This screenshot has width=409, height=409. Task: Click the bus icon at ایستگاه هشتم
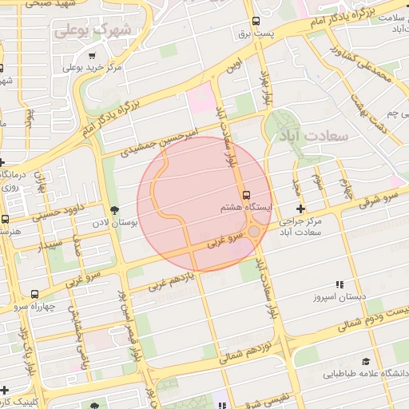246,194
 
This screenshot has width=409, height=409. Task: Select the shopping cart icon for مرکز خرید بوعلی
93,56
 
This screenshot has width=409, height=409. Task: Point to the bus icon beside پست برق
256,22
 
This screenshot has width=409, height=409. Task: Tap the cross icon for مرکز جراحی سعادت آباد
300,208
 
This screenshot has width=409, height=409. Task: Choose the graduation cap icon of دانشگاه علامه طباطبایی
366,362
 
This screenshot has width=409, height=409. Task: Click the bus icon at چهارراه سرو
34,294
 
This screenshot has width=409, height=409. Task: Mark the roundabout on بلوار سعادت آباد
254,232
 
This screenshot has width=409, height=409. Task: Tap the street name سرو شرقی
379,198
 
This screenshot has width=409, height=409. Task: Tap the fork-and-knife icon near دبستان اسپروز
339,284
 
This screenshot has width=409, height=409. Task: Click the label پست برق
257,34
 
